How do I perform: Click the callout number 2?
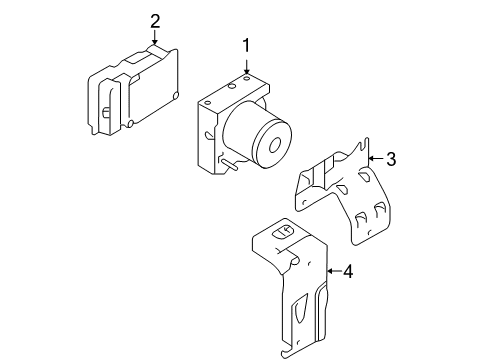[x=155, y=21]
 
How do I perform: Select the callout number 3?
[x=391, y=158]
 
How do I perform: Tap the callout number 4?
[x=347, y=271]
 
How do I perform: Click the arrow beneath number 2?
[x=155, y=39]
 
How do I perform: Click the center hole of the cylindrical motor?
[x=272, y=142]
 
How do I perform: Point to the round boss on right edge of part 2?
[x=176, y=96]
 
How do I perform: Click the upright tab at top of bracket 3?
[x=363, y=150]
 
